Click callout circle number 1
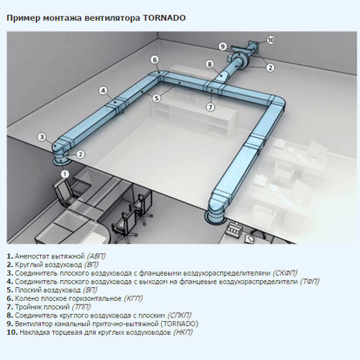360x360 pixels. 65,174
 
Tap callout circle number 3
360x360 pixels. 42,137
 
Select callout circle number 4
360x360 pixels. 104,91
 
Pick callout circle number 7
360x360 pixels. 210,107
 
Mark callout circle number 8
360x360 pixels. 210,64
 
